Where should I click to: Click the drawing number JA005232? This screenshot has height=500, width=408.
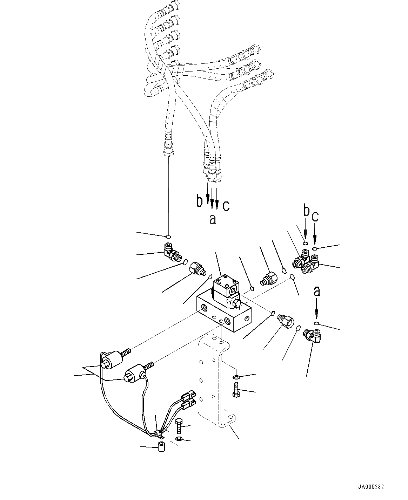coord(371,487)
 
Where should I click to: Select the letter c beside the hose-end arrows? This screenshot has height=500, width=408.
coord(226,205)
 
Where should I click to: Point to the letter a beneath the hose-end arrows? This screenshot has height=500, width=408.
coord(212,219)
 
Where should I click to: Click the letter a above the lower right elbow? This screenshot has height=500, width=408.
coord(317,291)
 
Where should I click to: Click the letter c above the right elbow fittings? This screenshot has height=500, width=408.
coord(315,217)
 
